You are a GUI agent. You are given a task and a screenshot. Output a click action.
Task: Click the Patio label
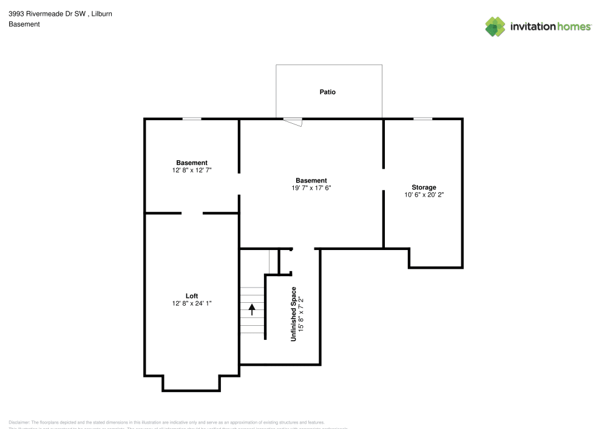click(327, 92)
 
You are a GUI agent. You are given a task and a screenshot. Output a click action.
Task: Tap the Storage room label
click(424, 187)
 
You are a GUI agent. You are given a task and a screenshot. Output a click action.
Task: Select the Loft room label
click(192, 296)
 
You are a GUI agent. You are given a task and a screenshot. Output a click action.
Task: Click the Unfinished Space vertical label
click(294, 314)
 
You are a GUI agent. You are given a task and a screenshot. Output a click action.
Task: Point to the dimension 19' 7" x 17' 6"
click(311, 188)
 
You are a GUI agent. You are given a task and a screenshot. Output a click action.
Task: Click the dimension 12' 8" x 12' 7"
click(192, 171)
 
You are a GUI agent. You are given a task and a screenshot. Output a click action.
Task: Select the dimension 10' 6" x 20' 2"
click(424, 195)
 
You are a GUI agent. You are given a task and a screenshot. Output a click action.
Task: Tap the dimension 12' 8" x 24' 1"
click(192, 303)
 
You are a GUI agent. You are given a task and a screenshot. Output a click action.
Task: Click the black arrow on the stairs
click(252, 309)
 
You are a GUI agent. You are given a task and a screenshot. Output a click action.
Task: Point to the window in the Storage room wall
click(422, 119)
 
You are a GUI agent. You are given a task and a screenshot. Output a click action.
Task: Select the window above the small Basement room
click(192, 119)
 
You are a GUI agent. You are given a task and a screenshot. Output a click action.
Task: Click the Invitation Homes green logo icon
click(495, 26)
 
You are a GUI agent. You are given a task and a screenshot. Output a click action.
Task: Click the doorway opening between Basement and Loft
click(192, 214)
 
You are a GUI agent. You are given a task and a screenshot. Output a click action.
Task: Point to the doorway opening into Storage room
click(384, 179)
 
